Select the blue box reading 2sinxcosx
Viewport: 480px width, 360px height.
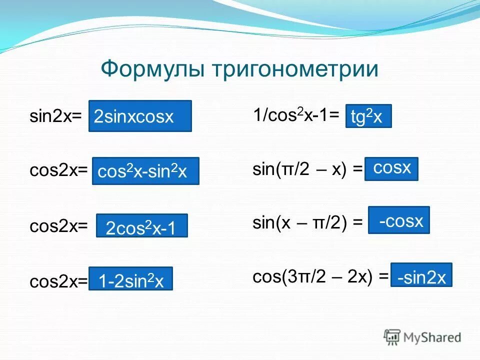[140, 116]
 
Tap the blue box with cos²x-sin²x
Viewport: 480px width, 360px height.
[145, 171]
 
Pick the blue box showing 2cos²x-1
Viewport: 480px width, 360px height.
[141, 226]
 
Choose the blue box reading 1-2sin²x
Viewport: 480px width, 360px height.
[130, 279]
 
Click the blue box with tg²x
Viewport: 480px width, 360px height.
[368, 116]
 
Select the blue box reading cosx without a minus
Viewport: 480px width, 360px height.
[391, 169]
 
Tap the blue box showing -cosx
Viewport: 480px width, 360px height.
[399, 220]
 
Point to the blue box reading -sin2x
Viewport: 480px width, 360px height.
[421, 275]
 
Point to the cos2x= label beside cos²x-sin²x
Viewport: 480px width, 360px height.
[58, 171]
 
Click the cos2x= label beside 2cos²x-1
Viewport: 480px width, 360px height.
[58, 226]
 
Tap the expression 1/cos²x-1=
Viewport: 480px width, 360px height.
[296, 116]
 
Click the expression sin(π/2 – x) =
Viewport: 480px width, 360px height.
[307, 170]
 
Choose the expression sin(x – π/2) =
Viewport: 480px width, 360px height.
[307, 223]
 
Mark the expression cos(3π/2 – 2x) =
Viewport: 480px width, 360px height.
[320, 277]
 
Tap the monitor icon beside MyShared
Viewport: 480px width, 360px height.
[392, 336]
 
